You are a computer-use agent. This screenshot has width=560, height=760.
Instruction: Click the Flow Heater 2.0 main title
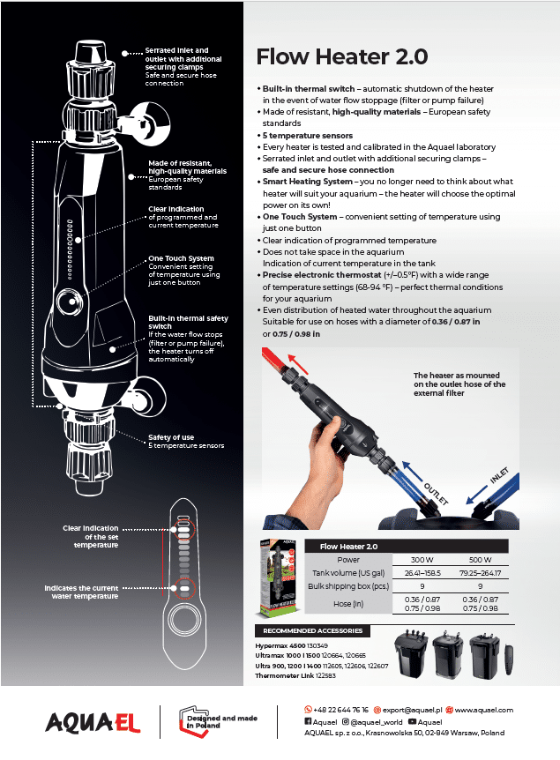(x=341, y=57)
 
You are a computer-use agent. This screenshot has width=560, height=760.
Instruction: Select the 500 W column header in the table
(x=480, y=560)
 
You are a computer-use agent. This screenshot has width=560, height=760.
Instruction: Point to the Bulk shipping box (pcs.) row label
(x=348, y=585)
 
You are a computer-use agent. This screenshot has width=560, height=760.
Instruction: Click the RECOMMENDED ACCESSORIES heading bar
(x=313, y=631)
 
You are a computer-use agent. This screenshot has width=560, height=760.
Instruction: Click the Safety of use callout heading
(x=171, y=437)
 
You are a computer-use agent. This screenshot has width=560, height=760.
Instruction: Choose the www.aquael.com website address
(x=483, y=710)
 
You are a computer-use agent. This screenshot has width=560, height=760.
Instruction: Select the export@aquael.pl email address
(x=410, y=710)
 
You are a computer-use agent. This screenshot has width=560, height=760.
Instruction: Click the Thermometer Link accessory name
(x=280, y=674)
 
